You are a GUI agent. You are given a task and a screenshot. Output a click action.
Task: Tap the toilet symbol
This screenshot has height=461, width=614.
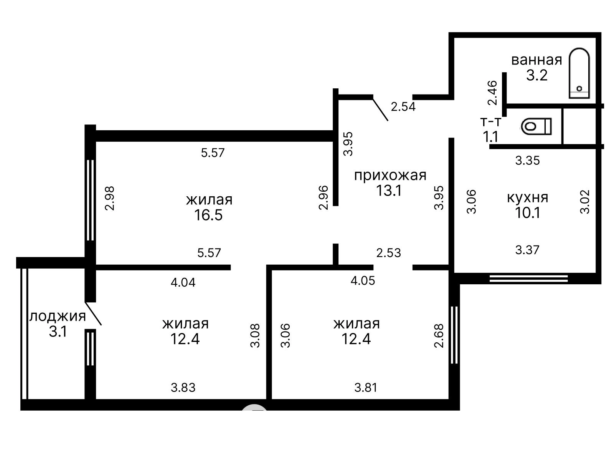[536, 126]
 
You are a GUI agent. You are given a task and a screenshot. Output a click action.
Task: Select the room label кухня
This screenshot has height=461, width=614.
[527, 197]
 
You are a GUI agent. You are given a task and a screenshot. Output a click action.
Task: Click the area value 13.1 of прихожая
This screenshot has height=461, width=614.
[389, 191]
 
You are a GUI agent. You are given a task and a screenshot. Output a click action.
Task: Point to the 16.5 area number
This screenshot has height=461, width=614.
[208, 215]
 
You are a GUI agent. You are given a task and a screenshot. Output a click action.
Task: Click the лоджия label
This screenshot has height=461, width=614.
[58, 316]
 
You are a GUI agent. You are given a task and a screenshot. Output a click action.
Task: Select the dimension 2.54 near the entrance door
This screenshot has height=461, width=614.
[403, 107]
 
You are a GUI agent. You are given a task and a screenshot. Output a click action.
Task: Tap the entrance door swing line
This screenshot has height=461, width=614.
[380, 109]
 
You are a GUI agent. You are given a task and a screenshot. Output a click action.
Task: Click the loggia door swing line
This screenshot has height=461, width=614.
[93, 313]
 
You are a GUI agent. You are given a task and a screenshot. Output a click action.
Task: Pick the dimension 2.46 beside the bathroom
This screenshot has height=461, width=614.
[493, 93]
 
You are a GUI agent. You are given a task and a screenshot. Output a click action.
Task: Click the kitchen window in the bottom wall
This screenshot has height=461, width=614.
[529, 279]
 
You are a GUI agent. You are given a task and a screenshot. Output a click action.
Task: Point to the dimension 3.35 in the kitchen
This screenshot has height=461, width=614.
[527, 161]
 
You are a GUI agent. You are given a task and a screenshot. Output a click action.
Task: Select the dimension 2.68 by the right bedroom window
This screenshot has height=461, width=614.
[439, 336]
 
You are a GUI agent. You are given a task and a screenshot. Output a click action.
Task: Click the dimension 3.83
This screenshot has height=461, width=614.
[183, 388]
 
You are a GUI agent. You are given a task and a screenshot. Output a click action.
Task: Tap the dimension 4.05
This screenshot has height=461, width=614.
[363, 280]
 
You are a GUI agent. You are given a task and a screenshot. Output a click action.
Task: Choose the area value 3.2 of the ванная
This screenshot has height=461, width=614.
[537, 75]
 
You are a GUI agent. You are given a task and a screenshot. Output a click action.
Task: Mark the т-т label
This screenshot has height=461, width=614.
[491, 122]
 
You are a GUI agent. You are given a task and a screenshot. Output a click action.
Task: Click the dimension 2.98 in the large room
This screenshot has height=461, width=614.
[109, 199]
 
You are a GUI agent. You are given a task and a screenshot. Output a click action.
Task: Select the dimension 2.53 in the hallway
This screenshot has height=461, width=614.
[388, 253]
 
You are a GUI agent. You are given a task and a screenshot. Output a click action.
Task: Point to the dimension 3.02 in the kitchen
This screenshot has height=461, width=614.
[584, 202]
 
